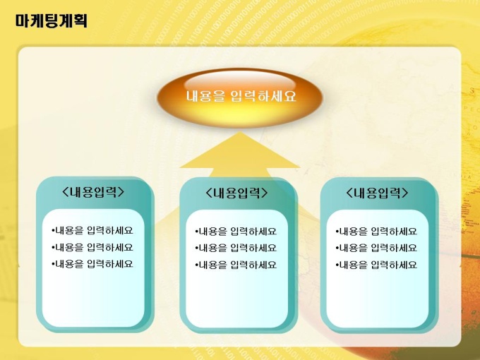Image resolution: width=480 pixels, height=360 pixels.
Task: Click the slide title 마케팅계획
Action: [x=52, y=20]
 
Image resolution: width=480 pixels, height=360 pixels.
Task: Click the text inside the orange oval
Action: [x=241, y=96]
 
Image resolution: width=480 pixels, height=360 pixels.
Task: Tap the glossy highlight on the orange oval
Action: [x=240, y=81]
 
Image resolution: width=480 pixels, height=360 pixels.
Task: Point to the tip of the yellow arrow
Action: [x=240, y=132]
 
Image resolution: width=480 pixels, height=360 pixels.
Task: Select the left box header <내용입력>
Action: [x=93, y=191]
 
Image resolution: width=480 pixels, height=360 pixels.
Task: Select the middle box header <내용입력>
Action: [x=237, y=193]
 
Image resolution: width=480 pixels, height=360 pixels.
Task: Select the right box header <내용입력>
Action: [x=378, y=193]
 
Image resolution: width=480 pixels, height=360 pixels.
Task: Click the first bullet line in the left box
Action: [x=92, y=230]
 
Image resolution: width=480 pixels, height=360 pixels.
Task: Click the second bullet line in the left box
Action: [x=92, y=247]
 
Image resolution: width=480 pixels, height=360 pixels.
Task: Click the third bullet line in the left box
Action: [x=92, y=263]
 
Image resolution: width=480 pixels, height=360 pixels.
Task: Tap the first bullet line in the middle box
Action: [x=236, y=231]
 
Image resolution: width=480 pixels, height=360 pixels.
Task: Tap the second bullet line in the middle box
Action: [x=236, y=248]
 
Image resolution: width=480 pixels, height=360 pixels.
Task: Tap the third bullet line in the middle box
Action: [x=236, y=265]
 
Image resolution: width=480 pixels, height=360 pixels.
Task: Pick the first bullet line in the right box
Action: [x=376, y=231]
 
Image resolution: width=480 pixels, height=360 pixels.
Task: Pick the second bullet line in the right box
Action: [x=376, y=248]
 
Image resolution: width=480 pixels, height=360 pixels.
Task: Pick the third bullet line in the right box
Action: [x=376, y=265]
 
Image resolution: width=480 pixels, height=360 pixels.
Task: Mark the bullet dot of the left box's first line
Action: [x=53, y=230]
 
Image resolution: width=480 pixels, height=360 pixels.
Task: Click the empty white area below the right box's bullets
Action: [x=377, y=297]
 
